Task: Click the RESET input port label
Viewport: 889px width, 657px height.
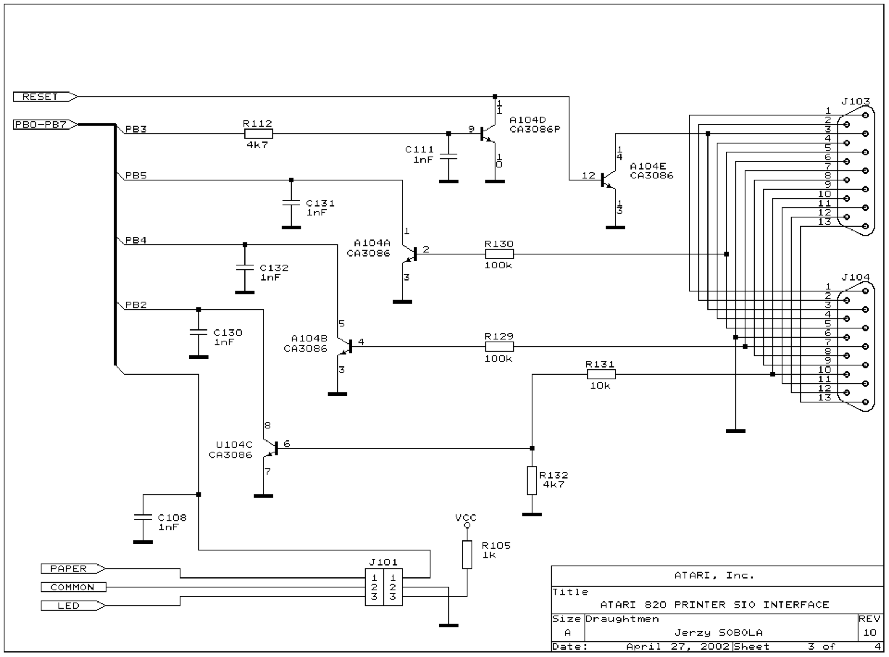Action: [x=45, y=97]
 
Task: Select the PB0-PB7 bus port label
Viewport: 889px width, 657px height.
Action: [x=45, y=124]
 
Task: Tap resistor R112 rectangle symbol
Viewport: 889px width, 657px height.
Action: [x=258, y=134]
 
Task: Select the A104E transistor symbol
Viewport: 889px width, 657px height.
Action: [x=609, y=180]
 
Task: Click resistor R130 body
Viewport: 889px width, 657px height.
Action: [x=499, y=254]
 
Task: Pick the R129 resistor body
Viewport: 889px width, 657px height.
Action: [x=499, y=346]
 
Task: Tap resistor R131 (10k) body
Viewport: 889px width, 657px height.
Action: [x=601, y=374]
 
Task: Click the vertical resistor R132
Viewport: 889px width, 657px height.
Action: [x=532, y=481]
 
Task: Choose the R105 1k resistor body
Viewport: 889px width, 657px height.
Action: [x=467, y=555]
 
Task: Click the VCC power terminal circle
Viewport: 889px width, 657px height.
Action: [x=467, y=525]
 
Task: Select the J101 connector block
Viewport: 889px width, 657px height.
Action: [x=384, y=587]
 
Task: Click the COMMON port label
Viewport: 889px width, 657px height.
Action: [x=73, y=587]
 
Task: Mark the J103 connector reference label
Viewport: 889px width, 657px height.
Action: [x=855, y=101]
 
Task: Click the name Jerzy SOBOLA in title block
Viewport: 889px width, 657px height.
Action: [x=718, y=632]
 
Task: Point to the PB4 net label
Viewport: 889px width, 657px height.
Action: [x=136, y=240]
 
